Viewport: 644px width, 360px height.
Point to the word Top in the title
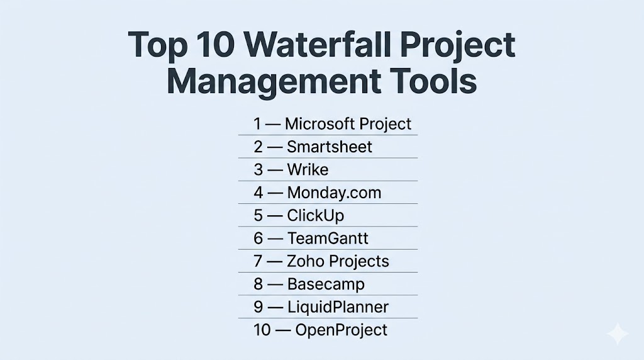click(x=158, y=45)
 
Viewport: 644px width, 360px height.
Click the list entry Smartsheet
click(x=330, y=147)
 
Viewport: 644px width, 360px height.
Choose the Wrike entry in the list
click(x=308, y=170)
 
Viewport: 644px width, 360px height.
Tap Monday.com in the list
click(x=335, y=193)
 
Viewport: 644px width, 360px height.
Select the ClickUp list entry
click(x=316, y=216)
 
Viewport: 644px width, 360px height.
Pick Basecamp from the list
click(x=326, y=284)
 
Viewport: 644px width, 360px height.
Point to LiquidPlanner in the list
click(x=338, y=307)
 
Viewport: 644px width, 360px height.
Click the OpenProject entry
click(x=341, y=330)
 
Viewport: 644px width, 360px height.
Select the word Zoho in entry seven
click(x=305, y=261)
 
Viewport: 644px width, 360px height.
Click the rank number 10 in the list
click(x=262, y=330)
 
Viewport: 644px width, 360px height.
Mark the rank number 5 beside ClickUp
click(x=258, y=216)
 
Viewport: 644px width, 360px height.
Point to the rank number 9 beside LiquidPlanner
click(x=258, y=307)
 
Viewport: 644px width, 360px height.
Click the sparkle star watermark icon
click(x=618, y=334)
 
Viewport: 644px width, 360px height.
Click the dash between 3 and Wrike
click(x=275, y=170)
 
